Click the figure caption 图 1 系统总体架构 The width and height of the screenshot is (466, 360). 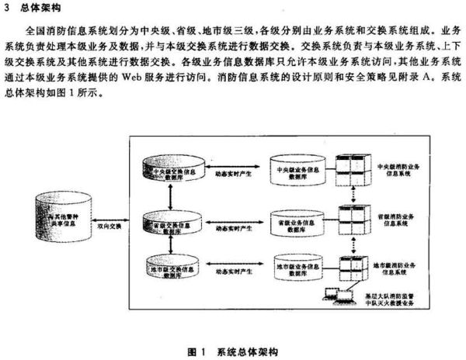[x=233, y=351]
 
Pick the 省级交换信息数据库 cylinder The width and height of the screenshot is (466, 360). [x=172, y=225]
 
